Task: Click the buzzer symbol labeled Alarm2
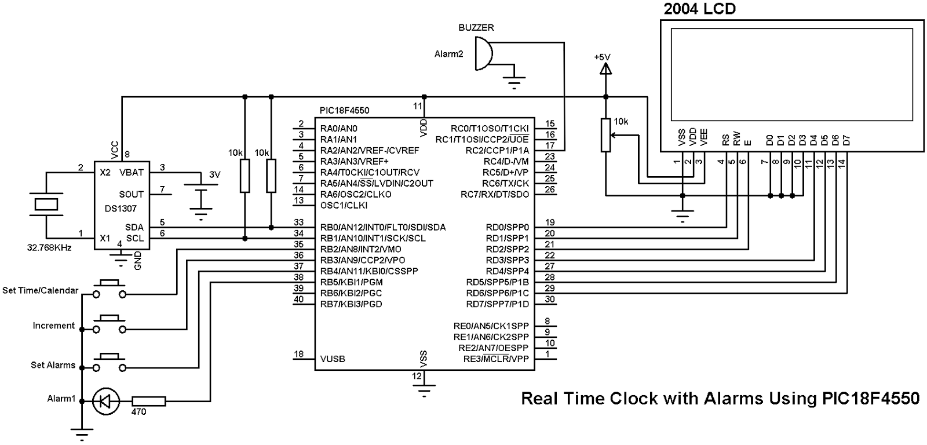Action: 482,54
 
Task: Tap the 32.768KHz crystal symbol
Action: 46,205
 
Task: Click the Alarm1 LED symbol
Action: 105,401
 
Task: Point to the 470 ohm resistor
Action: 149,401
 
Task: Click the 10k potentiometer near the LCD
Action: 605,135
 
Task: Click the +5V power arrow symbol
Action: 605,69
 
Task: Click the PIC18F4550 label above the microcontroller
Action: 344,110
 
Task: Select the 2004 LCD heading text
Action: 700,9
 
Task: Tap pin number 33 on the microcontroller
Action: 298,222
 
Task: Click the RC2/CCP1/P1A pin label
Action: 498,150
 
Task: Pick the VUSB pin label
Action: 333,359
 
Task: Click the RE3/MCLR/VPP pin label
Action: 495,359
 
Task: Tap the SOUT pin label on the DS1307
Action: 132,194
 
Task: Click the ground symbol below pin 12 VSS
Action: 425,390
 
